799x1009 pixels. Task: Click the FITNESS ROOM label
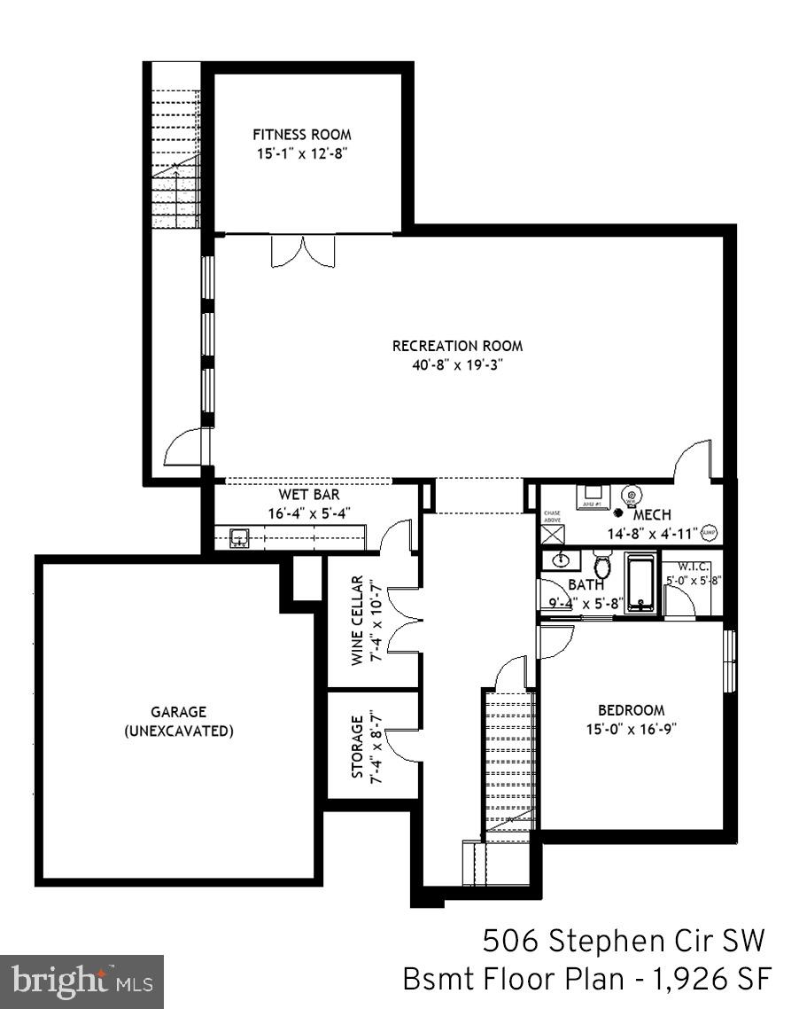301,135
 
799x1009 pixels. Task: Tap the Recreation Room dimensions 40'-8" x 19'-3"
457,362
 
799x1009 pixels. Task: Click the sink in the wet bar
239,536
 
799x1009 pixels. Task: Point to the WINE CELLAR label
357,620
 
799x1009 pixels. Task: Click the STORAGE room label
357,747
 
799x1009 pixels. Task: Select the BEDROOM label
631,709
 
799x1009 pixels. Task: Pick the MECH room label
652,514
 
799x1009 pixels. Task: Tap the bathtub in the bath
642,583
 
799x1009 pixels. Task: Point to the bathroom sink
562,559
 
